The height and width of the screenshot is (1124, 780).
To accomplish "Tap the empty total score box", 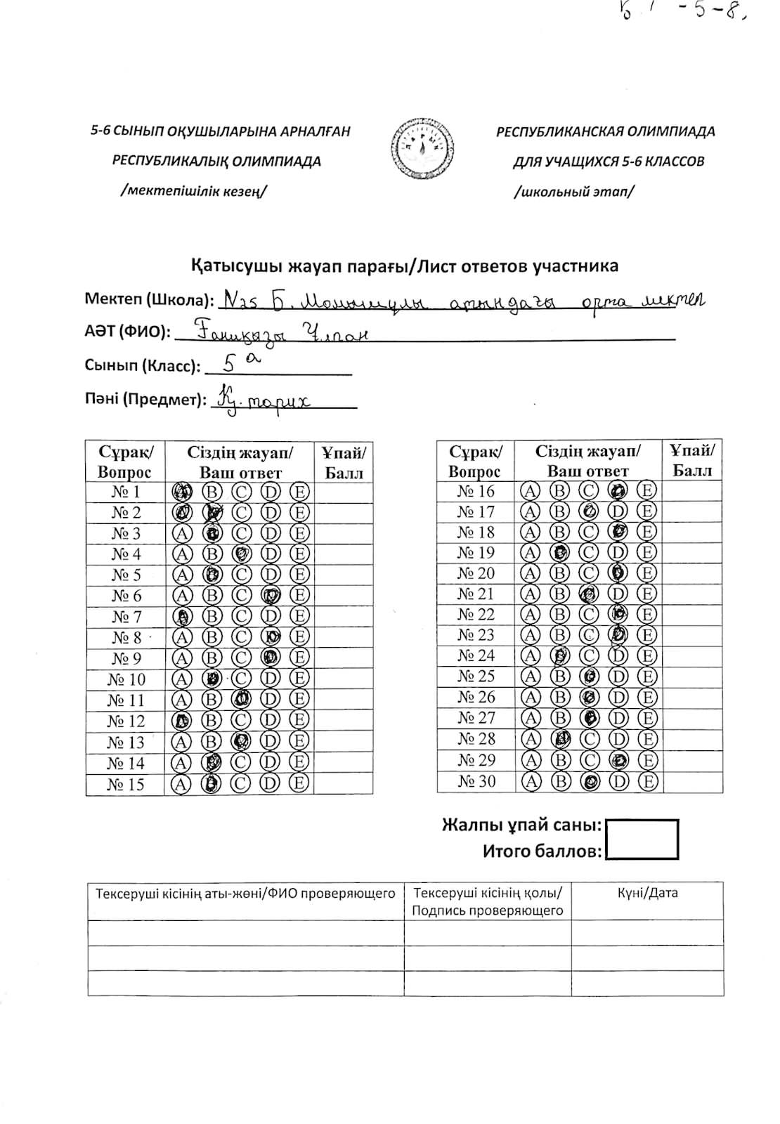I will pyautogui.click(x=642, y=839).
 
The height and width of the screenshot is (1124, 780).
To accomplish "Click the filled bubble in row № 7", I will pyautogui.click(x=182, y=617).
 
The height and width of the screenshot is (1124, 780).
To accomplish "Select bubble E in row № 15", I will pyautogui.click(x=299, y=784).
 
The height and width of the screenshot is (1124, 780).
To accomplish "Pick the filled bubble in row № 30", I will pyautogui.click(x=591, y=781).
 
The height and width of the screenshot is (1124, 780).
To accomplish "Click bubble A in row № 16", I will pyautogui.click(x=530, y=491).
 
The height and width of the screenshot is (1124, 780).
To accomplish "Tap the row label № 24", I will pyautogui.click(x=476, y=656).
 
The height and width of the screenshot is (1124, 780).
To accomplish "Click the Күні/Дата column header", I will pyautogui.click(x=647, y=894).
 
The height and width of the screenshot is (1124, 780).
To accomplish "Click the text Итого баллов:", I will pyautogui.click(x=542, y=851).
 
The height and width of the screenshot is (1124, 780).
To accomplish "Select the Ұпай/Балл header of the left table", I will pyautogui.click(x=344, y=462).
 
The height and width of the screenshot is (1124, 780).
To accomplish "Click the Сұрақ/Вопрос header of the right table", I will pyautogui.click(x=475, y=461).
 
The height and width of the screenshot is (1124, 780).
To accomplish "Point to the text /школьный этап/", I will pyautogui.click(x=573, y=191).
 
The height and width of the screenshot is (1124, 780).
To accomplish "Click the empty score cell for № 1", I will pyautogui.click(x=343, y=492).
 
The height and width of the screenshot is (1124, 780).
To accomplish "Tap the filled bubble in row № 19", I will pyautogui.click(x=560, y=552).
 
